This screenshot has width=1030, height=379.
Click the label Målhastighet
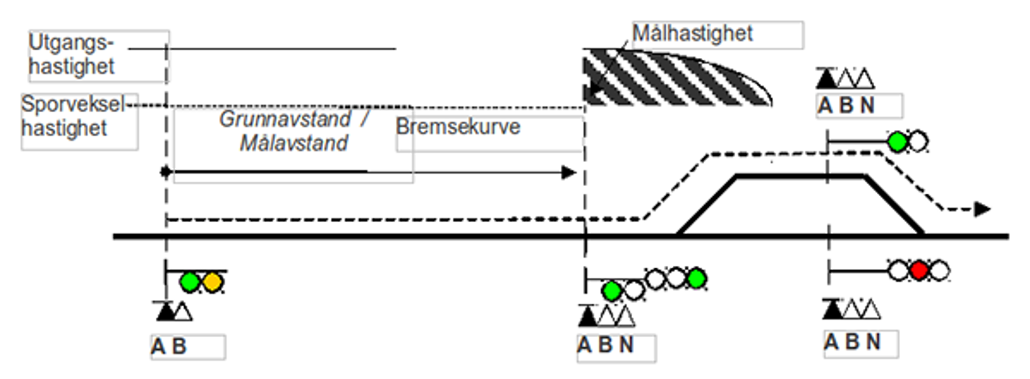[x=692, y=33]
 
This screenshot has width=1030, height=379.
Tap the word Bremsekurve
[x=458, y=127]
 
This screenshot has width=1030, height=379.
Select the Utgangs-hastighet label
[x=71, y=55]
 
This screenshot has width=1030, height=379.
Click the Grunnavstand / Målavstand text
[x=294, y=131]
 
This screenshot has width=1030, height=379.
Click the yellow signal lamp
[x=212, y=282]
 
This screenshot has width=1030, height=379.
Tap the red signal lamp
[x=919, y=270]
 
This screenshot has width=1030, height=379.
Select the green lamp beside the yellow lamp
[x=190, y=282]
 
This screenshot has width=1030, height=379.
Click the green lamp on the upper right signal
[x=897, y=142]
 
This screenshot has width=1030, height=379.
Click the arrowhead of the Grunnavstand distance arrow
[x=568, y=172]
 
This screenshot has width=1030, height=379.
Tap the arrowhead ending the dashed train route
[x=982, y=209]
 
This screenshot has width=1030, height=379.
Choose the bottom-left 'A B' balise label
[x=169, y=347]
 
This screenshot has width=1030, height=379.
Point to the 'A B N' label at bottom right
[x=852, y=342]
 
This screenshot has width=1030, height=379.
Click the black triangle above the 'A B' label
[x=165, y=312]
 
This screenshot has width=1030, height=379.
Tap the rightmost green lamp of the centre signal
[x=696, y=279]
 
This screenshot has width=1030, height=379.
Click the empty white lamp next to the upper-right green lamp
[x=917, y=142]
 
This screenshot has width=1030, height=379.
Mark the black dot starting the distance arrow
[x=166, y=172]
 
